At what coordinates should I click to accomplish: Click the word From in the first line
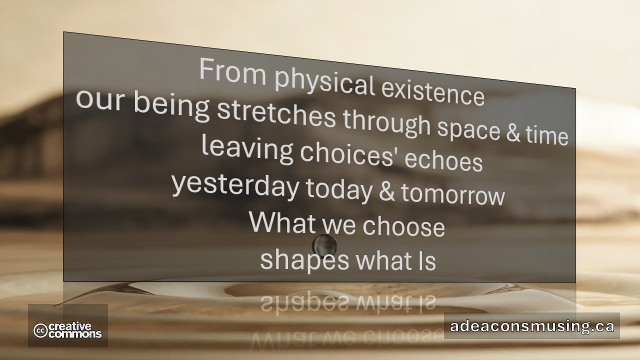click(x=232, y=71)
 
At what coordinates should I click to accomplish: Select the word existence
click(x=432, y=94)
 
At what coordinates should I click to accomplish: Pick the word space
click(x=468, y=130)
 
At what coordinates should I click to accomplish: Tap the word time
click(x=547, y=135)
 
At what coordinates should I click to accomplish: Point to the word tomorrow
click(x=452, y=195)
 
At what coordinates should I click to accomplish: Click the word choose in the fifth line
click(x=403, y=226)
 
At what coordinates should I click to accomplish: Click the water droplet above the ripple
click(x=324, y=244)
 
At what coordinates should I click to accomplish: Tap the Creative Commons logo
click(x=67, y=330)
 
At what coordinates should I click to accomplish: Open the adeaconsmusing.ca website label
click(x=531, y=326)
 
